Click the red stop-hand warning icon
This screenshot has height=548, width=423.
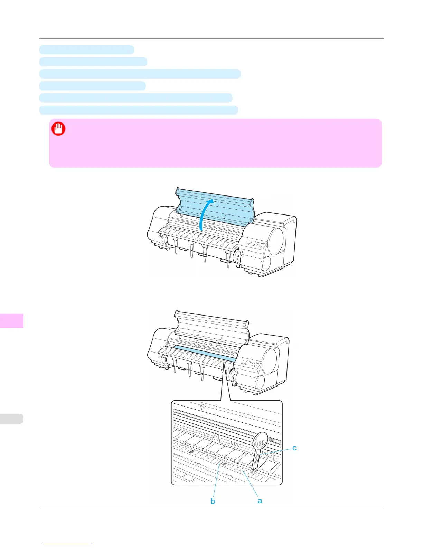pos(58,129)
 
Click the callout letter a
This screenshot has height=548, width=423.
pos(260,500)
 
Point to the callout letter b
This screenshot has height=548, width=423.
pos(213,501)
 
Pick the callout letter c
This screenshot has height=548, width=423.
pos(294,448)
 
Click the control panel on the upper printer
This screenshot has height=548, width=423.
pos(255,244)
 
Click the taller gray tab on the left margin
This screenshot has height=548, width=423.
pos(12,320)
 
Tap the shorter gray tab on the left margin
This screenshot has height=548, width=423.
pos(12,419)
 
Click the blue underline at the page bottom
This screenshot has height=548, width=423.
pos(68,545)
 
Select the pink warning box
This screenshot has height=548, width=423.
pos(215,143)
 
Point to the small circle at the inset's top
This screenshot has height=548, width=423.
pos(203,405)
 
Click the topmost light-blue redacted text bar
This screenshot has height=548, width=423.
pos(86,49)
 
